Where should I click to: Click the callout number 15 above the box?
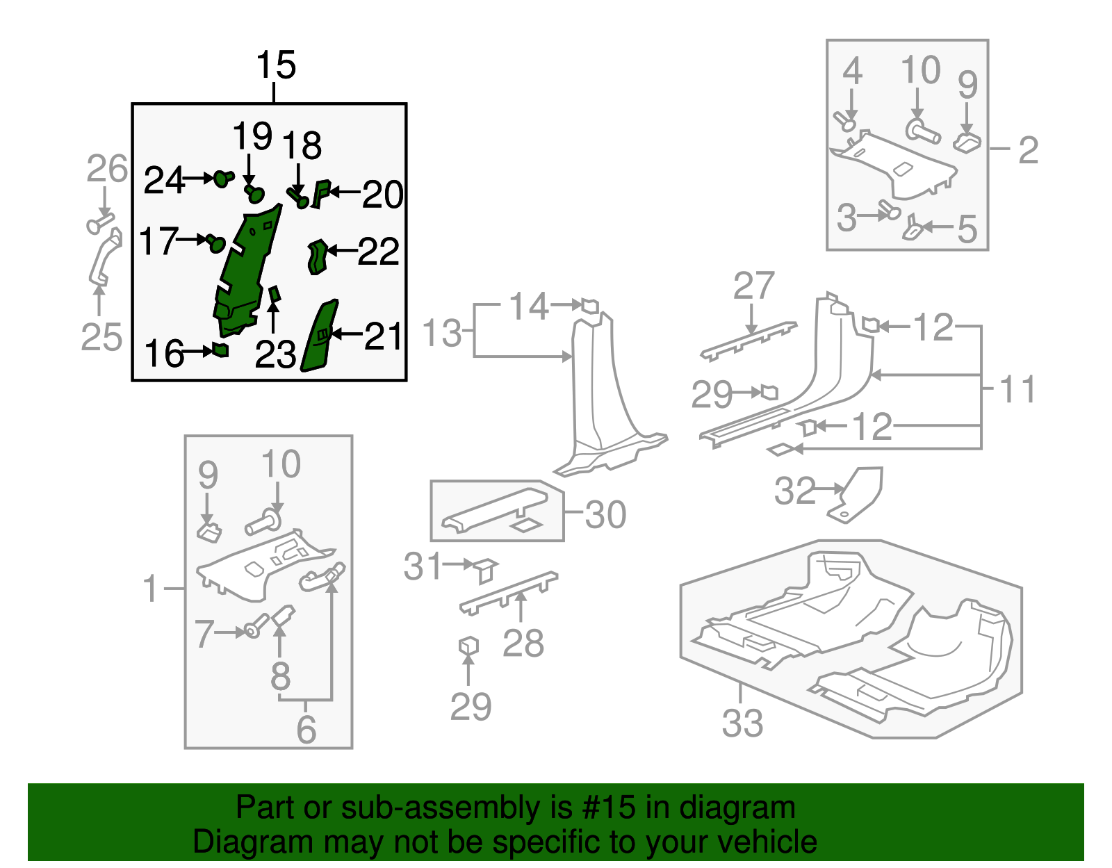[275, 66]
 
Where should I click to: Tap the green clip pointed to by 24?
[222, 179]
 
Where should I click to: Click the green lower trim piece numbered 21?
[320, 337]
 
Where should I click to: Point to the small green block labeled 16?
[220, 350]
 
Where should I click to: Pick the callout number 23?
[275, 356]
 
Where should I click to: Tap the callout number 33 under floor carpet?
[742, 723]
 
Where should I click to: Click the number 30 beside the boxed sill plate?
[605, 515]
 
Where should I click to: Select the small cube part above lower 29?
[468, 646]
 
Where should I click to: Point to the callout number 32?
[794, 491]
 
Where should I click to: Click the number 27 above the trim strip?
[753, 286]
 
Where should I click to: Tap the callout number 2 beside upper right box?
[1028, 150]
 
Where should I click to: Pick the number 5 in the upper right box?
[967, 229]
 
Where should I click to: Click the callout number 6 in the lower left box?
[306, 729]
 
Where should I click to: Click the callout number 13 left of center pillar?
[442, 334]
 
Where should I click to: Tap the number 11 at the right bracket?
[1017, 389]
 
